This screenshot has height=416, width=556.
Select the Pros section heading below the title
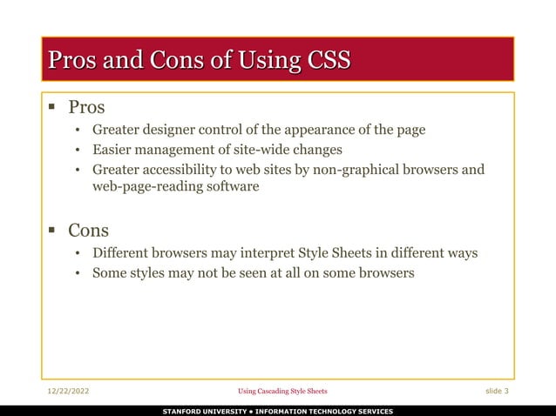tap(86, 108)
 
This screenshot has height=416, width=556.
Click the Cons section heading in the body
tap(88, 231)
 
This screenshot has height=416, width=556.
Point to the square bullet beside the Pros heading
tap(52, 108)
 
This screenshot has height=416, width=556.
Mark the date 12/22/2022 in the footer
tap(68, 392)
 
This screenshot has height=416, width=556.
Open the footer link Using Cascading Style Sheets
tap(283, 392)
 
